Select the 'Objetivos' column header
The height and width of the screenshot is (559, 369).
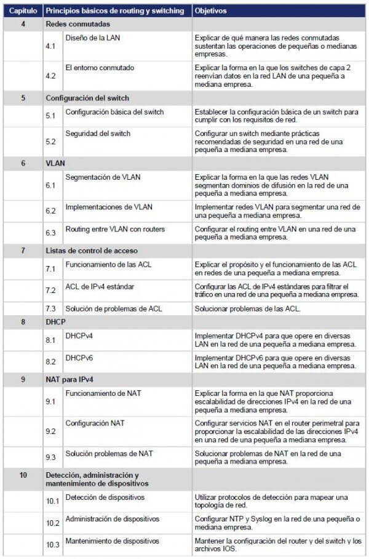point(210,11)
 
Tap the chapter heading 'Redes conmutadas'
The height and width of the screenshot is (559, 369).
point(78,24)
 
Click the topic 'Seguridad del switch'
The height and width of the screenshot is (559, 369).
point(98,133)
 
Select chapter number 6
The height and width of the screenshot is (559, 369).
point(23,163)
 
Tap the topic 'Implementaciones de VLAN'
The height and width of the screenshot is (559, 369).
point(109,207)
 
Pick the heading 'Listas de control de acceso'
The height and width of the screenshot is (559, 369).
point(92,251)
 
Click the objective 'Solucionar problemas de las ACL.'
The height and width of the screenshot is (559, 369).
point(247,308)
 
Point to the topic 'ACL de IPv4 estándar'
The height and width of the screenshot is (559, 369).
point(100,286)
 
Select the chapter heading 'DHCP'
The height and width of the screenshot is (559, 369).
point(56,322)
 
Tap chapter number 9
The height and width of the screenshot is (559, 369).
point(23,379)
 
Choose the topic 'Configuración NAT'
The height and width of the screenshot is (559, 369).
point(95,423)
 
